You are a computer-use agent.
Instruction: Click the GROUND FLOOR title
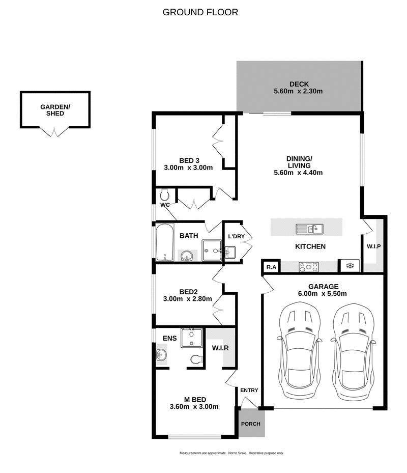(200, 12)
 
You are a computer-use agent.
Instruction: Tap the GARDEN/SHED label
(55, 110)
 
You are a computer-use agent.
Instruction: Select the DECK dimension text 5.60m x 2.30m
(299, 92)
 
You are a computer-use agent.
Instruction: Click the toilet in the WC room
(164, 195)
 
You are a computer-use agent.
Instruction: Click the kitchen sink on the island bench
(309, 228)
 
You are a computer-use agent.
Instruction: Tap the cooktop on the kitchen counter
(309, 266)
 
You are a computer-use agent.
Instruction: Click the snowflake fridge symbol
(350, 265)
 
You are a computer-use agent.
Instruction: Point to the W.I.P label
(374, 246)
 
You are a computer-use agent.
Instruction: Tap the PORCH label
(251, 424)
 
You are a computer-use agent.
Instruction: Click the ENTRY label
(249, 391)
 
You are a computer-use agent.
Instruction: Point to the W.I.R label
(220, 348)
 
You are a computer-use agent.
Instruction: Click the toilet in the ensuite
(196, 359)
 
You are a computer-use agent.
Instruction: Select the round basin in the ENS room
(162, 354)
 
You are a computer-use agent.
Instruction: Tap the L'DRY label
(237, 236)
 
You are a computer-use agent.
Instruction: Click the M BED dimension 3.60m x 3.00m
(194, 406)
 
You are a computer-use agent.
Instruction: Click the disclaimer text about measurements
(231, 453)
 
